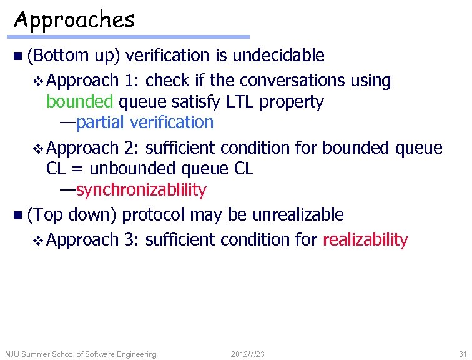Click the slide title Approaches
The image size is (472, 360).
pos(74,20)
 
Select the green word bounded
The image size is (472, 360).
pos(80,101)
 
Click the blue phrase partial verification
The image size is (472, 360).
pos(145,122)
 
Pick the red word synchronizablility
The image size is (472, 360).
pos(141,189)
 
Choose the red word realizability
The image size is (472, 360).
pos(365,239)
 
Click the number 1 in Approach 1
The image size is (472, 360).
pos(129,81)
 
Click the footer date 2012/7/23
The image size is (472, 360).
pos(247,354)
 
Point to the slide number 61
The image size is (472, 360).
pos(462,354)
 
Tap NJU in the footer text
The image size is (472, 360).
pos(12,354)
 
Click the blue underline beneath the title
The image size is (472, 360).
pos(131,37)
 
